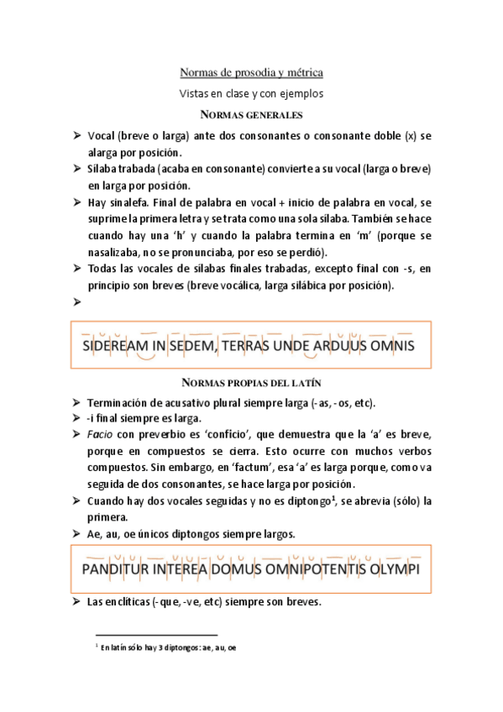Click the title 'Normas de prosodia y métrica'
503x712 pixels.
[x=252, y=74]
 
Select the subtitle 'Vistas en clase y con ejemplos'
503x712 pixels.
[x=252, y=93]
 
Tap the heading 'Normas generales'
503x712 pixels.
[x=252, y=114]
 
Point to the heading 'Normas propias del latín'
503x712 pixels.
[x=252, y=383]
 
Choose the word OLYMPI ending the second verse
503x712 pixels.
[x=394, y=570]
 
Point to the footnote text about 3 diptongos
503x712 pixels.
[x=168, y=647]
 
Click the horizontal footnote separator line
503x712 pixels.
[x=156, y=635]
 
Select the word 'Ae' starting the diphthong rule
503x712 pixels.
[x=93, y=534]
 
